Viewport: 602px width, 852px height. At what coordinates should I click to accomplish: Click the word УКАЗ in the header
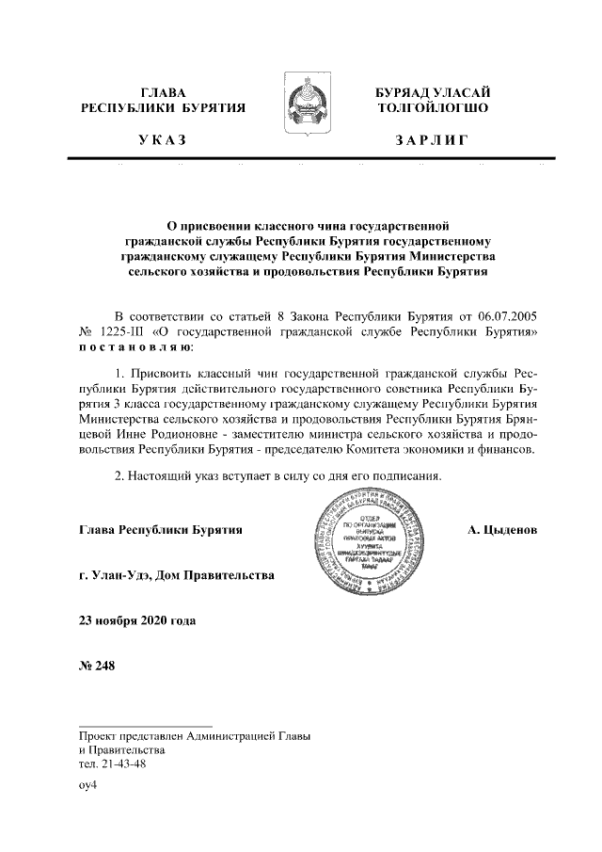pyautogui.click(x=162, y=140)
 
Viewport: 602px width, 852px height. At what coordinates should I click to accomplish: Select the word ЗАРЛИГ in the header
pyautogui.click(x=431, y=140)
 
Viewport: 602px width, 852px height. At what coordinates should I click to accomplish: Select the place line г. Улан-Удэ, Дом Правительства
pyautogui.click(x=177, y=575)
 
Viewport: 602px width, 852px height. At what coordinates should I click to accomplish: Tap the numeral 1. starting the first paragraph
pyautogui.click(x=119, y=375)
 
